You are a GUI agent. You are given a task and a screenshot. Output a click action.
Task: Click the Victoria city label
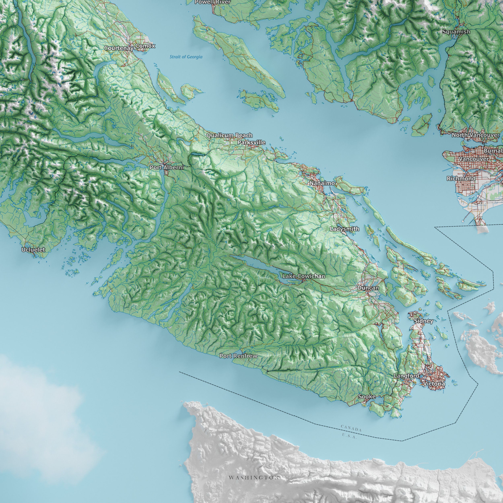434,384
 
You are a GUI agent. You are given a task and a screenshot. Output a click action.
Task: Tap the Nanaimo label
322,183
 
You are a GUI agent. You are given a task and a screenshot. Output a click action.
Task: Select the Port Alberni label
167,167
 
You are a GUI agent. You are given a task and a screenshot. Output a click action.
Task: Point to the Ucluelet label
33,249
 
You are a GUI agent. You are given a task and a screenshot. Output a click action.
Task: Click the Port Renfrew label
238,356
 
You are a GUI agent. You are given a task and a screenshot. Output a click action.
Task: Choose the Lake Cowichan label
304,276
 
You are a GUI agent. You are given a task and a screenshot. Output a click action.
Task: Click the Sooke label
367,397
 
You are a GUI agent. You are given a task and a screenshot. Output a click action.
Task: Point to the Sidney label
423,321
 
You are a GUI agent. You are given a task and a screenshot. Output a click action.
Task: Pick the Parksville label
251,142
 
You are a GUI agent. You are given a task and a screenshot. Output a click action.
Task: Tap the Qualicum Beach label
229,135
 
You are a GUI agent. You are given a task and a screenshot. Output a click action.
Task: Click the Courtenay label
119,48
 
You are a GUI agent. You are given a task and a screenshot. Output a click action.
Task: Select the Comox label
145,46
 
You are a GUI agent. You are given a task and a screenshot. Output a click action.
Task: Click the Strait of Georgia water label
186,57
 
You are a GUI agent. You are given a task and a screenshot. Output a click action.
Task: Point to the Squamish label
456,32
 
